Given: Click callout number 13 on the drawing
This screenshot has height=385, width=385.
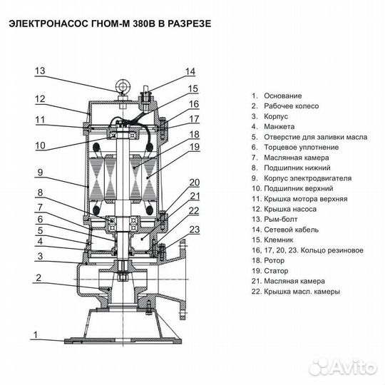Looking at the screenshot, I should click(41, 71).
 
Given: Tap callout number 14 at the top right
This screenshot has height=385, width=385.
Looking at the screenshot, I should click(190, 71).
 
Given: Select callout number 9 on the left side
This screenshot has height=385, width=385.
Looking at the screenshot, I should click(41, 172).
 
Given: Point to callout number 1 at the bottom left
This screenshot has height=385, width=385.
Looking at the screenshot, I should click(41, 337).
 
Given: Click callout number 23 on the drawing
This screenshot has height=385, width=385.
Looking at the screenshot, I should click(194, 229).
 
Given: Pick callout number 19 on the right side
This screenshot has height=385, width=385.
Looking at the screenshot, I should click(194, 147).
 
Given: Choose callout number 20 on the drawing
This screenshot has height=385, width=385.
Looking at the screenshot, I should click(194, 182).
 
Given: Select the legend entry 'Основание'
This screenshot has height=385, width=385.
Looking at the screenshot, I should click(283, 96).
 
